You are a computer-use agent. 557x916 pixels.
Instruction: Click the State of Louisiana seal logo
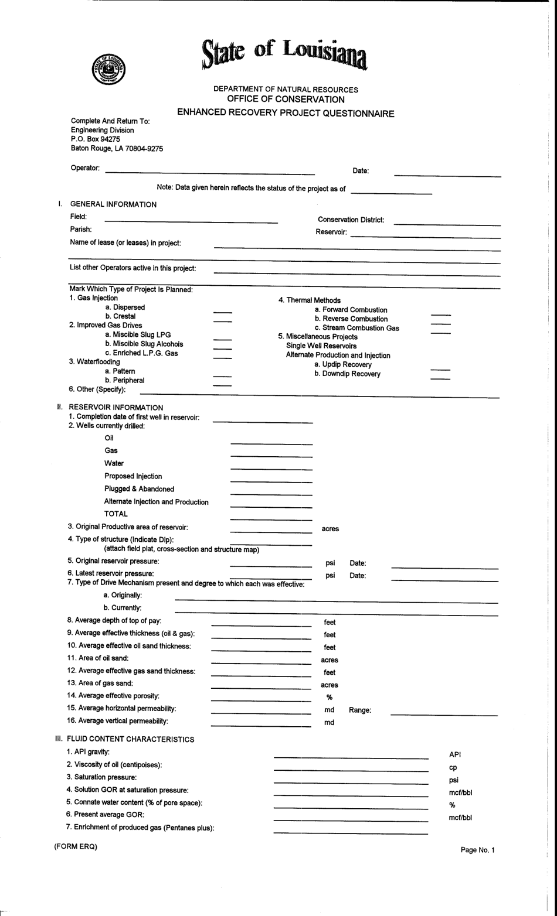click(x=109, y=70)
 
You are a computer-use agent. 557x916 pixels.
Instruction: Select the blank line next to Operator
click(x=210, y=174)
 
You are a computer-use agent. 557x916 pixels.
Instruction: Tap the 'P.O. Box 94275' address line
click(x=96, y=139)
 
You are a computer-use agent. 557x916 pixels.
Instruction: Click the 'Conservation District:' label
click(x=351, y=220)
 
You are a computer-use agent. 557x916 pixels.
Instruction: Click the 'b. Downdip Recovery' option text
click(x=347, y=374)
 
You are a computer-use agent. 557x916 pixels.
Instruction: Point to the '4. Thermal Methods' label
click(x=309, y=300)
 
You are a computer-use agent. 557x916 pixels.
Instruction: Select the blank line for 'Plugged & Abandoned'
click(x=271, y=494)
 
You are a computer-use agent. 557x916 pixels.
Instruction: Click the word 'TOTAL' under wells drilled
click(x=116, y=514)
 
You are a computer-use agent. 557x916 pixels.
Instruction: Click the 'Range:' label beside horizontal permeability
click(x=360, y=710)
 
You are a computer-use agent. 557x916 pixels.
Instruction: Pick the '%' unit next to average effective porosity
click(x=330, y=697)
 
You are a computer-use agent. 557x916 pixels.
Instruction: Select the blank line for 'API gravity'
click(x=351, y=758)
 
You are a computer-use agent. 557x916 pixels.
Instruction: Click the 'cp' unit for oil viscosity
click(x=453, y=767)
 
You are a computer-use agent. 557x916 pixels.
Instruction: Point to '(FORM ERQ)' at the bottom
click(x=76, y=846)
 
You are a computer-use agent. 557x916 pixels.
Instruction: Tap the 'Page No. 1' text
click(x=477, y=850)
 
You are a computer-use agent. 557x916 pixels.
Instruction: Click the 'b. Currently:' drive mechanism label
click(x=123, y=608)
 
